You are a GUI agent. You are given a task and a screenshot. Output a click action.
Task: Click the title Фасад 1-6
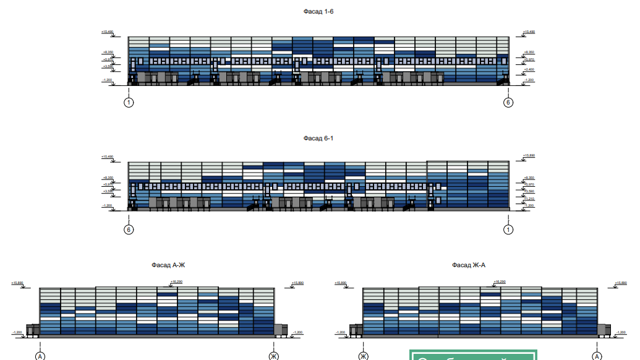click(x=318, y=11)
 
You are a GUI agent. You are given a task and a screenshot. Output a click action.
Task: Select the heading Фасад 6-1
click(x=318, y=138)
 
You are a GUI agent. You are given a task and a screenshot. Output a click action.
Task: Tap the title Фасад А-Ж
click(x=168, y=265)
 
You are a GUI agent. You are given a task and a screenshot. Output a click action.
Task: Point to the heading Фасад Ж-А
click(x=468, y=265)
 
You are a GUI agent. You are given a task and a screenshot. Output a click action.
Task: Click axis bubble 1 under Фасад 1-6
click(x=129, y=103)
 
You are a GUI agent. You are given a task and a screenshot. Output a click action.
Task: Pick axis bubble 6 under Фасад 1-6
click(x=508, y=103)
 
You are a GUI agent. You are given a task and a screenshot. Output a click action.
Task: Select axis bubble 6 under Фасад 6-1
click(x=129, y=230)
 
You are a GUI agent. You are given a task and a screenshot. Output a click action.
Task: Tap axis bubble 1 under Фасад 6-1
click(x=508, y=230)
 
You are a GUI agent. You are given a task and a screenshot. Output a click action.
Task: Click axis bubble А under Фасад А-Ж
click(x=40, y=356)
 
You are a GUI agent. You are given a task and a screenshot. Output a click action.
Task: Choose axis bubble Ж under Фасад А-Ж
click(x=273, y=356)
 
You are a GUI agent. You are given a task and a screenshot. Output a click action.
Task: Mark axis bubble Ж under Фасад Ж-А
click(x=364, y=356)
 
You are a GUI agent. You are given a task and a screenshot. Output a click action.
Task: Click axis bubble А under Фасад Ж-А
click(x=597, y=356)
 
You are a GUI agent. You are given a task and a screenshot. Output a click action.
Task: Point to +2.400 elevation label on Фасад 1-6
click(x=529, y=70)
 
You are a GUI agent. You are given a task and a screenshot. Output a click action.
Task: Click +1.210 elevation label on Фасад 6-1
click(x=529, y=199)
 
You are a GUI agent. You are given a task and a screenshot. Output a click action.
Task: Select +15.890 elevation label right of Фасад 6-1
click(x=529, y=156)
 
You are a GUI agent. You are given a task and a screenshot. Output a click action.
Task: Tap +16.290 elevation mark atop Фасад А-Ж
click(x=176, y=281)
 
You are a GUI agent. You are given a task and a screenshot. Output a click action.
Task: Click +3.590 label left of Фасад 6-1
click(x=108, y=191)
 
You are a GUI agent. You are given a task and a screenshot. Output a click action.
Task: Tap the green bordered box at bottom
click(x=473, y=355)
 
